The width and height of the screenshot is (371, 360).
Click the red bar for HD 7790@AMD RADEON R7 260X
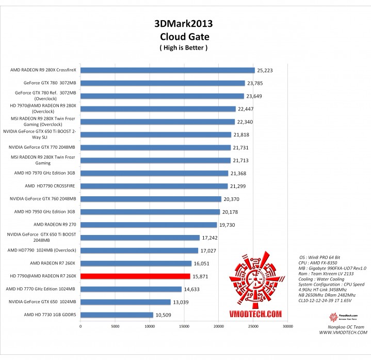pyautogui.click(x=135, y=276)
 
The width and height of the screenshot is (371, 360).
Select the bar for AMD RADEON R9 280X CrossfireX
pyautogui.click(x=167, y=70)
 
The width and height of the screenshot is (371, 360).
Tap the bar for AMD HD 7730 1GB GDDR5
pyautogui.click(x=117, y=315)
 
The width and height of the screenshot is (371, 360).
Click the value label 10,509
pyautogui.click(x=164, y=315)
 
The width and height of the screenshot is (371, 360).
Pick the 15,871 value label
pyautogui.click(x=201, y=276)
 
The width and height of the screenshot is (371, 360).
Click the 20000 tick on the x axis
pyautogui.click(x=219, y=326)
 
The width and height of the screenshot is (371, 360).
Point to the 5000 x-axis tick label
pyautogui.click(x=115, y=326)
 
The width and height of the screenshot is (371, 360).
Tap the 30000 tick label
pyautogui.click(x=288, y=326)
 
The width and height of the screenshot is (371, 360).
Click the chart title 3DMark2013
pyautogui.click(x=183, y=23)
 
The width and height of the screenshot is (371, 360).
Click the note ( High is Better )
pyautogui.click(x=183, y=48)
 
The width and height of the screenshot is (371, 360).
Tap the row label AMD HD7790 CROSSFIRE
pyautogui.click(x=50, y=186)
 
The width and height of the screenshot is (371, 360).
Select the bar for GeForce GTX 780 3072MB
pyautogui.click(x=163, y=83)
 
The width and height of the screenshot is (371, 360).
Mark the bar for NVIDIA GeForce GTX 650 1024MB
pyautogui.click(x=125, y=302)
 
